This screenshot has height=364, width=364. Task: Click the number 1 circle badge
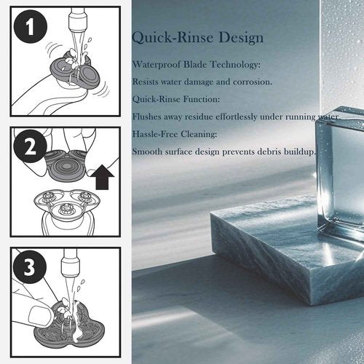tap(30, 26)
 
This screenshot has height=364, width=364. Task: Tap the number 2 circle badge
tap(30, 146)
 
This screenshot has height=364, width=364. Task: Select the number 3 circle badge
tap(30, 267)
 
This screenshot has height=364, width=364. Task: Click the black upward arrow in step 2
tap(105, 177)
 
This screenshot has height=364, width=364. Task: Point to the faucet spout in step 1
tap(78, 18)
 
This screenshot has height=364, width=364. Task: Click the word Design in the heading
tap(241, 39)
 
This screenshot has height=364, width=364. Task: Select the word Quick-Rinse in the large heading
tap(173, 39)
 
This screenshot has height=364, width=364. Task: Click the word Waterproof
tap(157, 65)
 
